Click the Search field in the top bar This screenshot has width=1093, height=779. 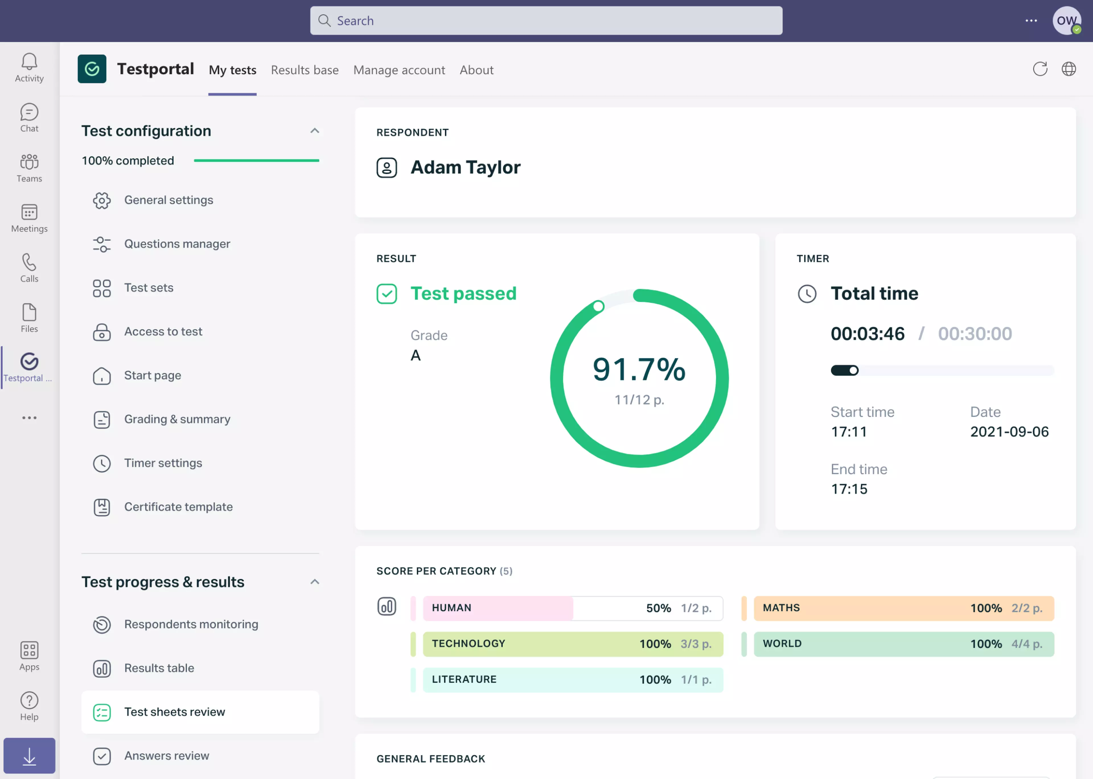click(x=546, y=20)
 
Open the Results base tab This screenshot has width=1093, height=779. click(x=305, y=70)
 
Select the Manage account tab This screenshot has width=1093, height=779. click(x=399, y=70)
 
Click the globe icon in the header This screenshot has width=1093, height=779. click(x=1069, y=69)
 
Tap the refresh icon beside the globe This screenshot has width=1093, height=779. click(x=1040, y=69)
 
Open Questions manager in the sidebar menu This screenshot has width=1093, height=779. click(x=177, y=244)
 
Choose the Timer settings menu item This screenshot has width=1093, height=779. click(x=163, y=463)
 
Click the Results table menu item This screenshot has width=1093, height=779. click(x=159, y=668)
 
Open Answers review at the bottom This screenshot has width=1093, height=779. click(x=167, y=755)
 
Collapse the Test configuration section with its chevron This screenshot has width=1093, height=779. click(x=315, y=131)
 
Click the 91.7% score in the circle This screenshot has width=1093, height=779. click(x=639, y=369)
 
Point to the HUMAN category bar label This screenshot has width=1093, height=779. click(x=451, y=608)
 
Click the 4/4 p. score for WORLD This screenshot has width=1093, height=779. click(x=1027, y=644)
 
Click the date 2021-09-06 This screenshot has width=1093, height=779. click(x=1009, y=432)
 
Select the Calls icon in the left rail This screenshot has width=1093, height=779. click(x=29, y=268)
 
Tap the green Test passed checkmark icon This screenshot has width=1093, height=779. click(x=387, y=293)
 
